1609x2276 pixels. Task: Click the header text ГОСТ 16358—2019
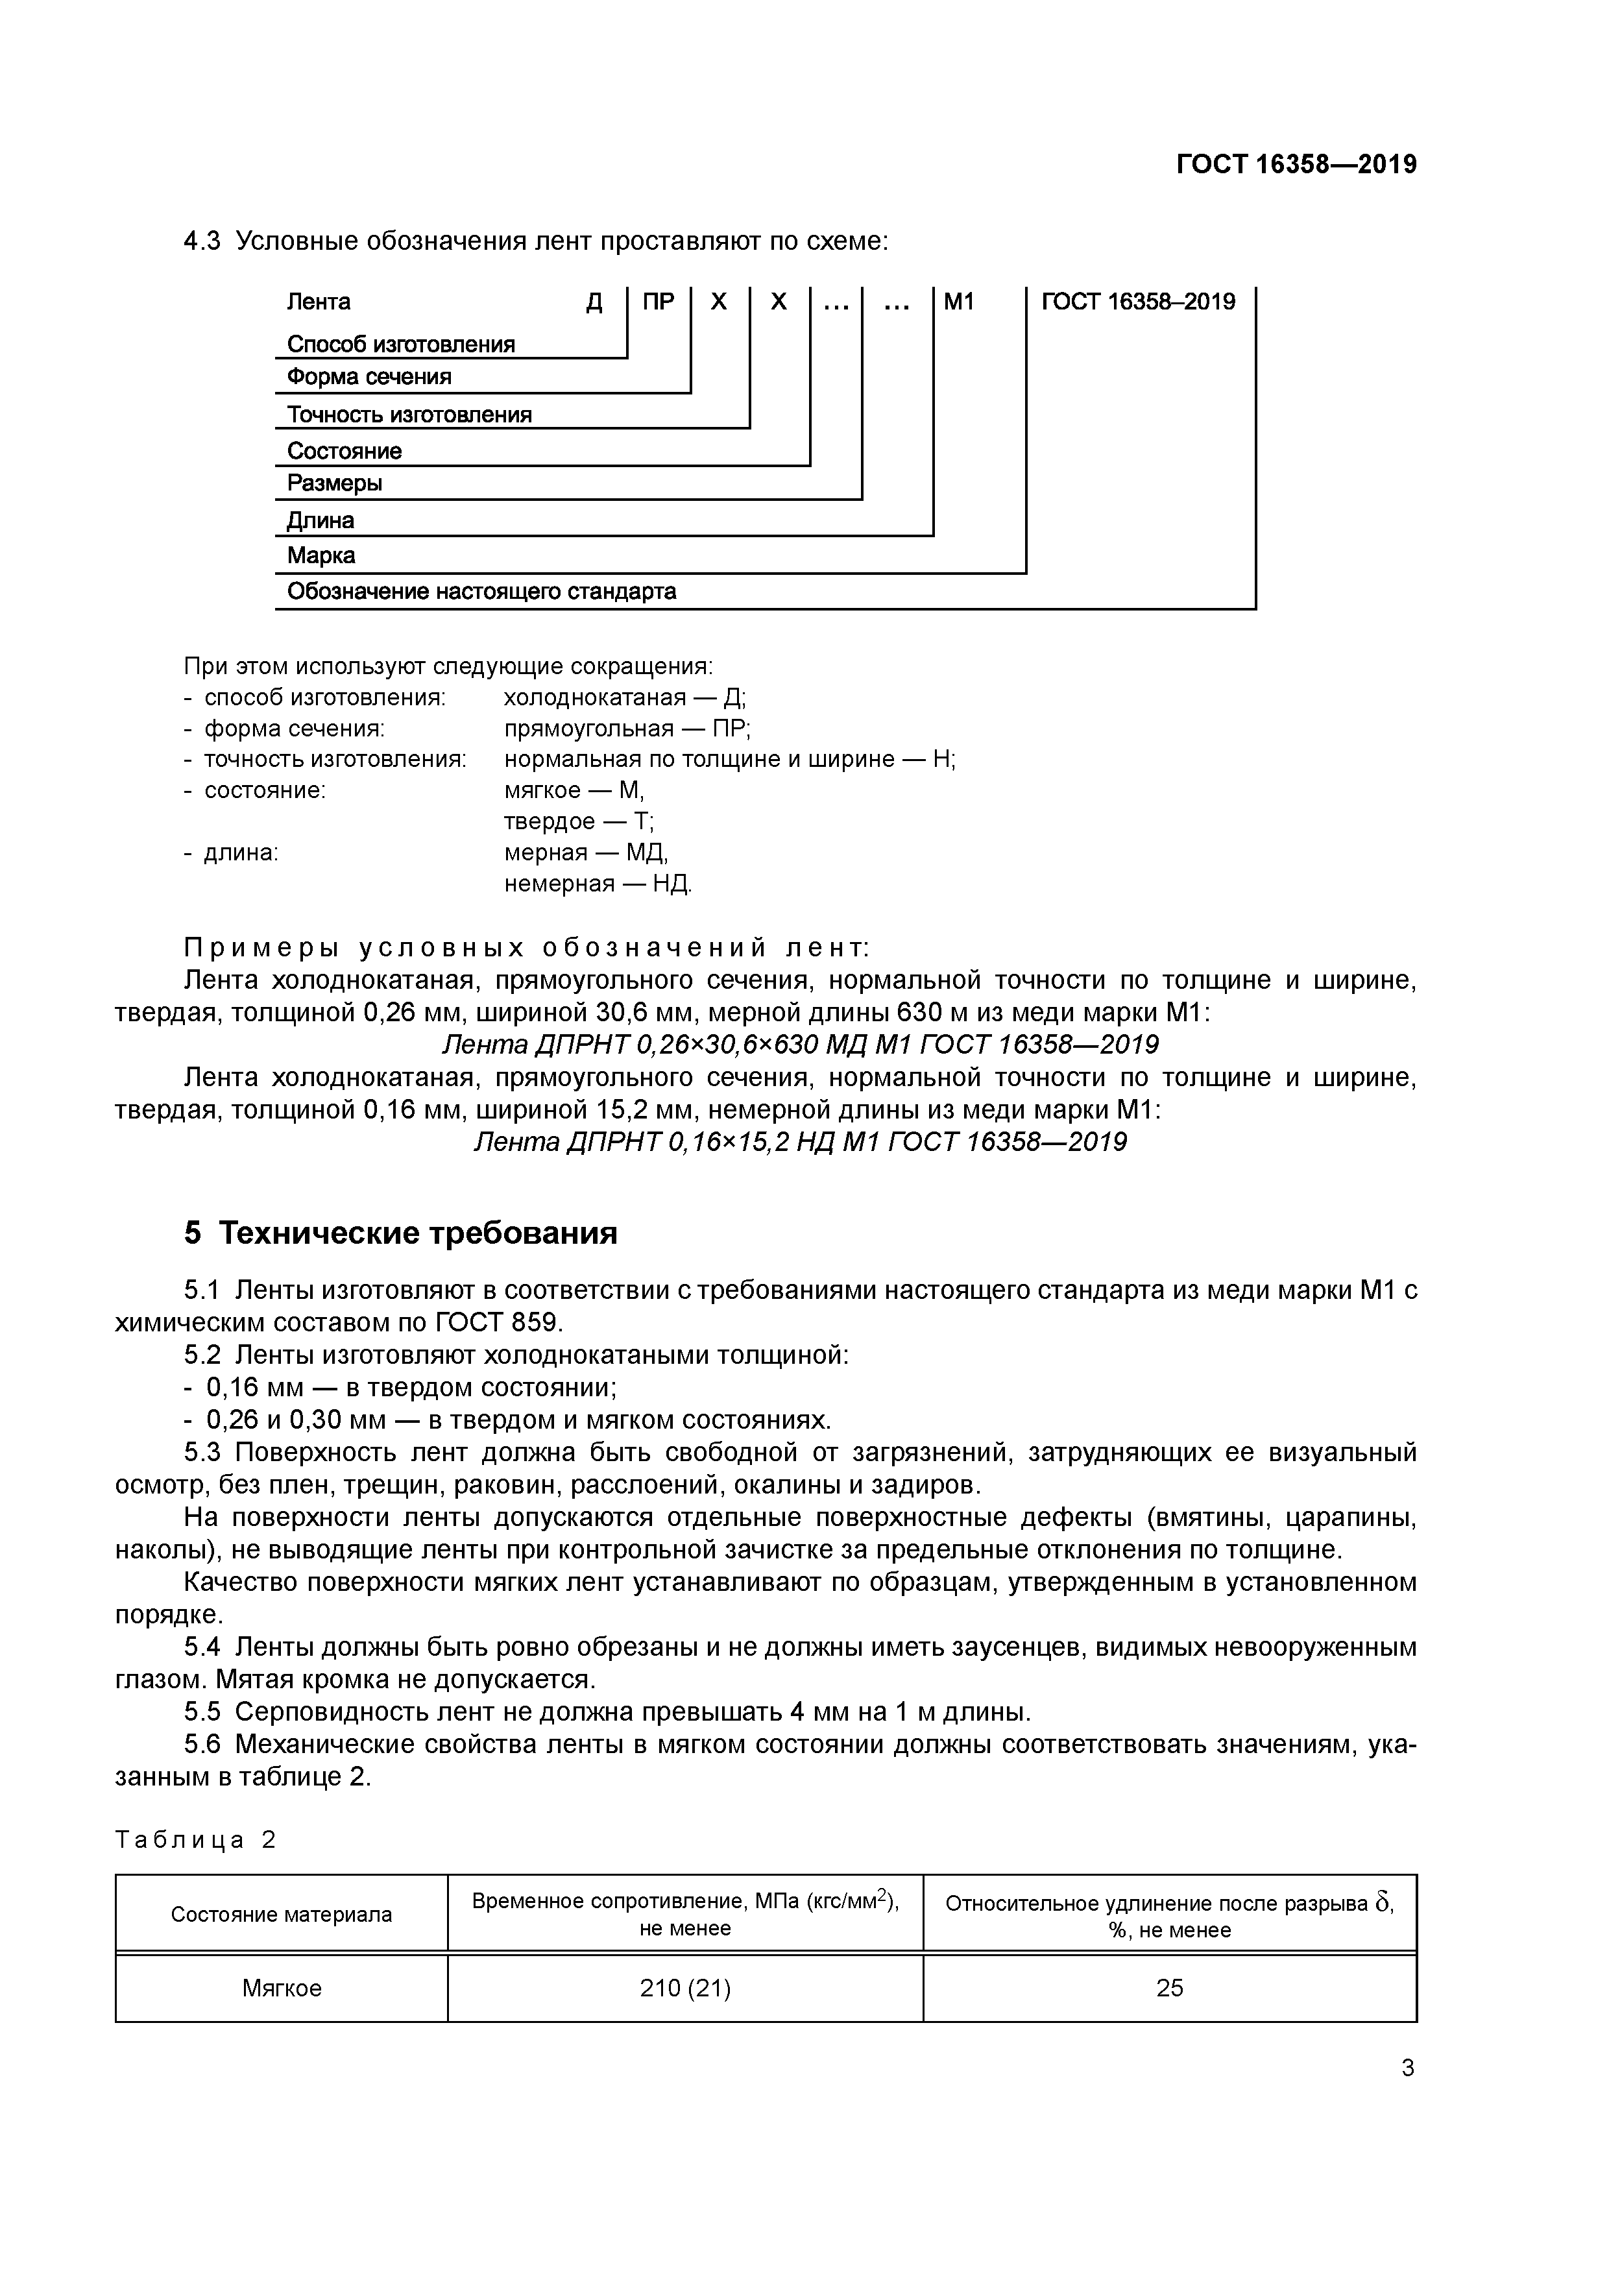click(1296, 165)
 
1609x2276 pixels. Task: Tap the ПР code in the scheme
click(659, 301)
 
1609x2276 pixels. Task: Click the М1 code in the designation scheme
click(959, 301)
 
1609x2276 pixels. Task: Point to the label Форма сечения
click(369, 377)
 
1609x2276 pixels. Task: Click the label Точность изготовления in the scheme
click(409, 415)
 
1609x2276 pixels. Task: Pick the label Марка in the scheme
click(321, 555)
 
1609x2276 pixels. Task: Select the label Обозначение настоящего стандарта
click(482, 592)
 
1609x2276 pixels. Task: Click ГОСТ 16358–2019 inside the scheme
click(1138, 301)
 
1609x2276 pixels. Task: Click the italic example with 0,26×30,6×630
click(799, 1045)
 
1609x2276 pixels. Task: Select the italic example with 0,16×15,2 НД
click(799, 1142)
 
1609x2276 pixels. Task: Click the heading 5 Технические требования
click(400, 1233)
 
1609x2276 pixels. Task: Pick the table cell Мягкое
click(282, 1989)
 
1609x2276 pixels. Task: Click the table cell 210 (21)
click(685, 1989)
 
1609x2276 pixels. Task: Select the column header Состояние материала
click(282, 1914)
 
